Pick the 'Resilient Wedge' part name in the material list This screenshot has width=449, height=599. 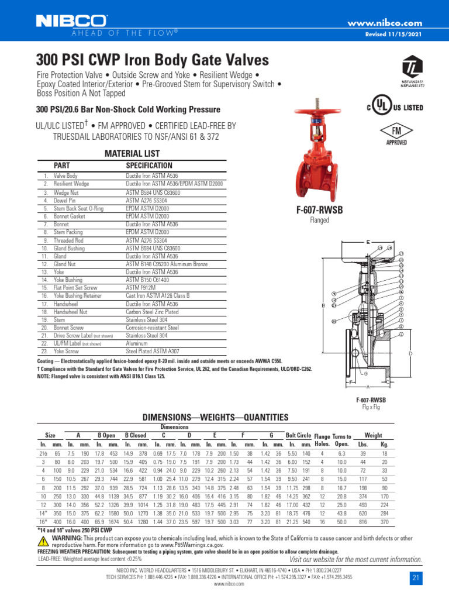pyautogui.click(x=71, y=184)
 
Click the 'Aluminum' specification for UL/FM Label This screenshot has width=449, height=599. pyautogui.click(x=137, y=345)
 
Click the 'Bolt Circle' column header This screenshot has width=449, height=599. pyautogui.click(x=298, y=436)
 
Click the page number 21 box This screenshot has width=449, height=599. pyautogui.click(x=416, y=577)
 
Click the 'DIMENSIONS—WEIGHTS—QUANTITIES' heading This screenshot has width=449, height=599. pyautogui.click(x=216, y=417)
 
